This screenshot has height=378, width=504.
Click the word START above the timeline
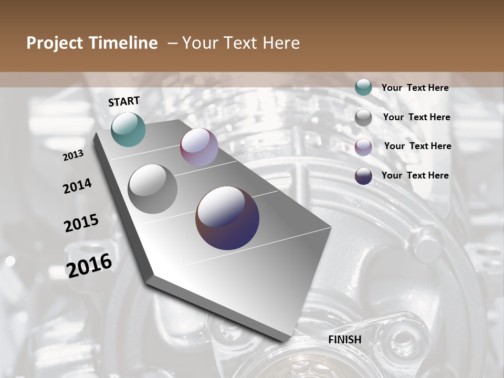124,101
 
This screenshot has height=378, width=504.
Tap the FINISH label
345,340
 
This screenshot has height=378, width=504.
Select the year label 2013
73,155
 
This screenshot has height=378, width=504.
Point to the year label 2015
81,224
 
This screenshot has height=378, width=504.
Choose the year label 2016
89,266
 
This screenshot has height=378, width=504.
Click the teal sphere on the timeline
128,129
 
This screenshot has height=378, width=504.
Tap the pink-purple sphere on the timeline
199,147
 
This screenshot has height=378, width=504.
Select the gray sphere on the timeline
152,189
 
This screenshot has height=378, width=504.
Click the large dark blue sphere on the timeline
227,218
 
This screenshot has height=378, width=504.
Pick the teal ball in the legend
363,88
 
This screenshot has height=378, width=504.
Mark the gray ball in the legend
363,118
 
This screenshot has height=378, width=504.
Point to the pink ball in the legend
363,147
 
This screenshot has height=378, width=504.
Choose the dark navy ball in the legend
363,176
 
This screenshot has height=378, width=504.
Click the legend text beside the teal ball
415,88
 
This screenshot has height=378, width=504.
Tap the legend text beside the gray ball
416,117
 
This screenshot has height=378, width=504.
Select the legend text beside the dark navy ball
415,175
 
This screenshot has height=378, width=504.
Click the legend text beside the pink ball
417,146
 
